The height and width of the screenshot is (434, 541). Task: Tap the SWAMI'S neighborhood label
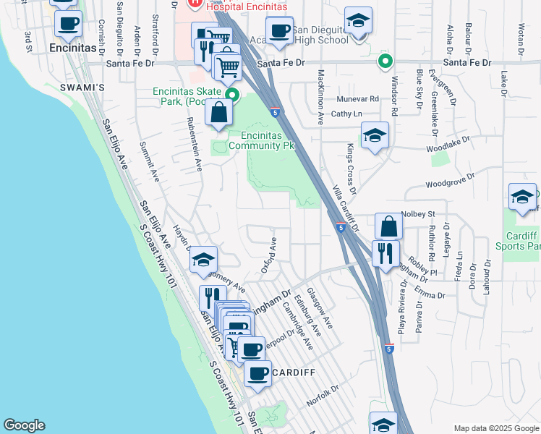pos(88,88)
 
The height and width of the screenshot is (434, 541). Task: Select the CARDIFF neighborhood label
pos(293,372)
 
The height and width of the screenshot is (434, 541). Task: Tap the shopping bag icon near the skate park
pos(218,114)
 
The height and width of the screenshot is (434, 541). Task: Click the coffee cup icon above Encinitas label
pos(69,24)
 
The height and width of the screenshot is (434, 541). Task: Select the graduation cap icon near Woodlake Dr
pos(375,136)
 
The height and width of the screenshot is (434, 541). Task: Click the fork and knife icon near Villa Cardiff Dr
pos(385,254)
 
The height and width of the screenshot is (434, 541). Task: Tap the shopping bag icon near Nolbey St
pos(388,226)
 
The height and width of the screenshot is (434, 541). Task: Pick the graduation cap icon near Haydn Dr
pos(204,260)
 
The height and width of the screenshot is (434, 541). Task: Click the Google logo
pos(24,425)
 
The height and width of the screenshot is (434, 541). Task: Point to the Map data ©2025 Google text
pos(495,427)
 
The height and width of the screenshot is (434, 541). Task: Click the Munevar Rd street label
pos(358,98)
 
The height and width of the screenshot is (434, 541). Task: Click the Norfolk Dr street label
pos(322,394)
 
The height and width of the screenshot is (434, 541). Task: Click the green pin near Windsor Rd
pos(385,61)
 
